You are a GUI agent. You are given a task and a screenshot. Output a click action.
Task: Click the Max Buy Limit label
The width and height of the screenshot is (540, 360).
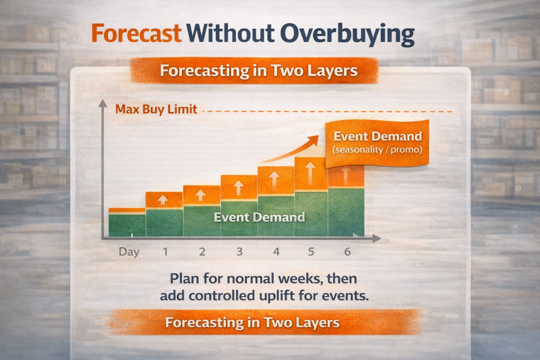[156, 110]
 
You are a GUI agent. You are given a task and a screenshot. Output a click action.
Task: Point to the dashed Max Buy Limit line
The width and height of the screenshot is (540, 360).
[327, 111]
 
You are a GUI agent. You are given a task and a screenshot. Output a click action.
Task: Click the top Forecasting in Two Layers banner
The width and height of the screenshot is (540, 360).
[254, 71]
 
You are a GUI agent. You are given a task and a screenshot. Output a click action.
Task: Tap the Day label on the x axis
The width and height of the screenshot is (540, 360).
[129, 252]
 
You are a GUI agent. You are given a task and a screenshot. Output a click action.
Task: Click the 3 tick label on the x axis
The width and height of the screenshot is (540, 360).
[239, 252]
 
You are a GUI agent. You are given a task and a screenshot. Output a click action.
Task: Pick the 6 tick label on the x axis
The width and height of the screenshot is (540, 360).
[348, 252]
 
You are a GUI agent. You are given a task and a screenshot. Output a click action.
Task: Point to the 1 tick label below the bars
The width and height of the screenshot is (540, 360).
[165, 252]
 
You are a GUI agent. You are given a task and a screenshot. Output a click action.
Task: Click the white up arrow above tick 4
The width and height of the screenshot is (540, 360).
[275, 178]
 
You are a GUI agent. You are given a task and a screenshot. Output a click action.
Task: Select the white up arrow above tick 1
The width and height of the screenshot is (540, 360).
[163, 200]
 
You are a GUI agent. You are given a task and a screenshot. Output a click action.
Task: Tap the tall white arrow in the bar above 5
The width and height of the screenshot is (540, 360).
[311, 172]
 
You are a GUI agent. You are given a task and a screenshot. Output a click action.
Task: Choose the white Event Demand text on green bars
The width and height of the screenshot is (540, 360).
[259, 217]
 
